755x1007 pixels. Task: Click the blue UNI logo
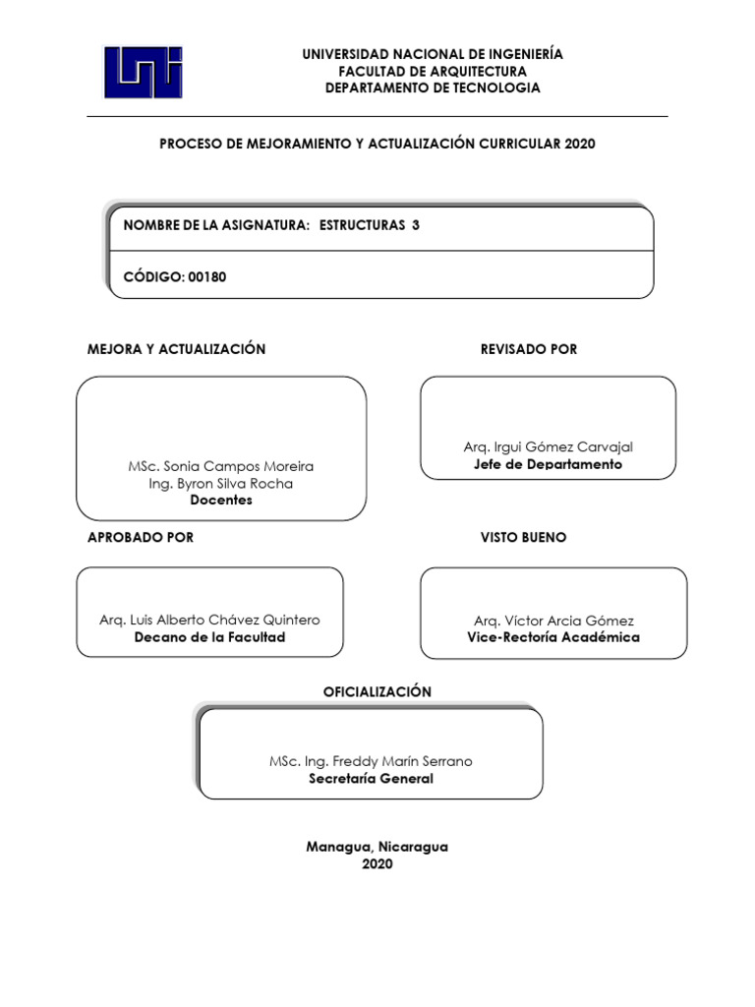tap(144, 72)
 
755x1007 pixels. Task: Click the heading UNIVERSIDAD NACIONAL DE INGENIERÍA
tap(433, 54)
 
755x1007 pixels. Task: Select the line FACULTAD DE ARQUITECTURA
tap(433, 71)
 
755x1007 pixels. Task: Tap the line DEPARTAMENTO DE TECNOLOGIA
tap(433, 88)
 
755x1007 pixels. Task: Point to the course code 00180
tap(207, 276)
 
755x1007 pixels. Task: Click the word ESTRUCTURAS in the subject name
tap(362, 225)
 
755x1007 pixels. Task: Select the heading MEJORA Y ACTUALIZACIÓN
tap(177, 349)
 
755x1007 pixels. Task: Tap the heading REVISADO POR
tap(529, 349)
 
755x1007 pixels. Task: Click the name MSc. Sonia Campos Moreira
tap(221, 466)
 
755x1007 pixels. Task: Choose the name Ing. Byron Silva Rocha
tap(221, 483)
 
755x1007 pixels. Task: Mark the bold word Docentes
tap(221, 500)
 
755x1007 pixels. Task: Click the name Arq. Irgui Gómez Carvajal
tap(548, 447)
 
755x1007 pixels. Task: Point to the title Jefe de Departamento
tap(548, 464)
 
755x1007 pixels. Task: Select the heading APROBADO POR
tap(141, 537)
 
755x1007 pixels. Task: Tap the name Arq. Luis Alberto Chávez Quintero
tap(209, 621)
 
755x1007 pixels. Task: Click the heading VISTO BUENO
tap(523, 537)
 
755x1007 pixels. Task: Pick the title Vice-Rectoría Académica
tap(553, 637)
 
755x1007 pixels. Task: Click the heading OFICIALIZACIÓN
tap(377, 692)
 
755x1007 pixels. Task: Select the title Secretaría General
tap(371, 778)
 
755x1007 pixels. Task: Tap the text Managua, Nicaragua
tap(377, 847)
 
